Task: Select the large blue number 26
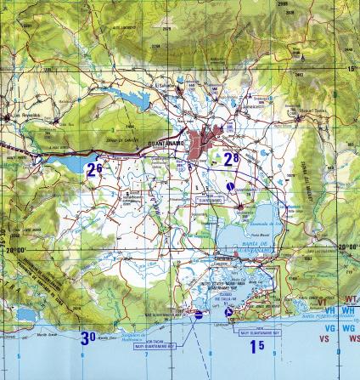94,169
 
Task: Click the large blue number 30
88,337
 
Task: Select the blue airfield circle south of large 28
231,184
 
